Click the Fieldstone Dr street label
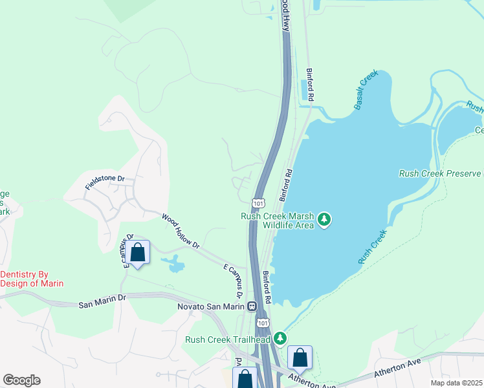coord(104,182)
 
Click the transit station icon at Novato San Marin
coord(251,306)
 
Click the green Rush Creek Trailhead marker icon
coord(280,338)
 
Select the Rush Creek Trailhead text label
coord(227,339)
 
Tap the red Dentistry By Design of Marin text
coord(32,279)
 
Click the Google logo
coord(21,380)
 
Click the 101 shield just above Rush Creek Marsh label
coord(258,203)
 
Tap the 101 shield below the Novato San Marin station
coord(261,321)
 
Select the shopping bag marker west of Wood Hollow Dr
coord(138,252)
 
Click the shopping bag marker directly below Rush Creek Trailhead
coord(300,357)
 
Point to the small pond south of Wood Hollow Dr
coord(173,263)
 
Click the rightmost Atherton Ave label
coord(395,369)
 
